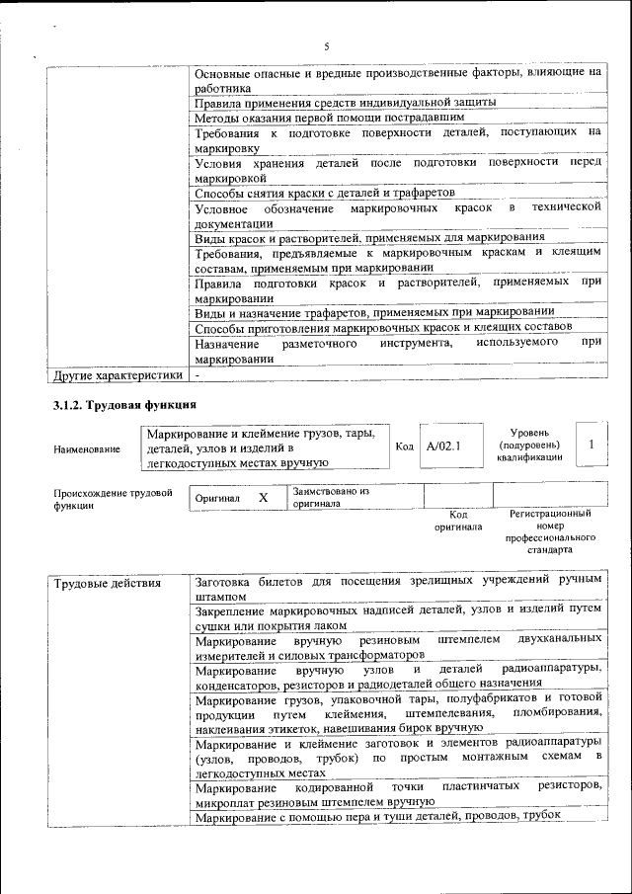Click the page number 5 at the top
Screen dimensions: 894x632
click(326, 46)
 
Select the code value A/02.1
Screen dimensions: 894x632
click(443, 447)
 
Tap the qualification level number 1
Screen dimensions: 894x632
click(591, 446)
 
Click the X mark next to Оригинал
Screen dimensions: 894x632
click(263, 498)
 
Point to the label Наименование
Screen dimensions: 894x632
click(87, 448)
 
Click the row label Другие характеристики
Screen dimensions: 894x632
click(118, 375)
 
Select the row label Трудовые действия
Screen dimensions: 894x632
click(107, 583)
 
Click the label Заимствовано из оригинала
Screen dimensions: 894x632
click(330, 497)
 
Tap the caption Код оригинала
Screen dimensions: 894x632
click(458, 521)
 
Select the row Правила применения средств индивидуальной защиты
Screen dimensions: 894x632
click(345, 102)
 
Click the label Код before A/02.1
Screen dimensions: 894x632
click(404, 447)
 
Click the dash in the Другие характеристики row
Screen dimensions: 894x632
click(197, 375)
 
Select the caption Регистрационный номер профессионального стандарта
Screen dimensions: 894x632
click(550, 531)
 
